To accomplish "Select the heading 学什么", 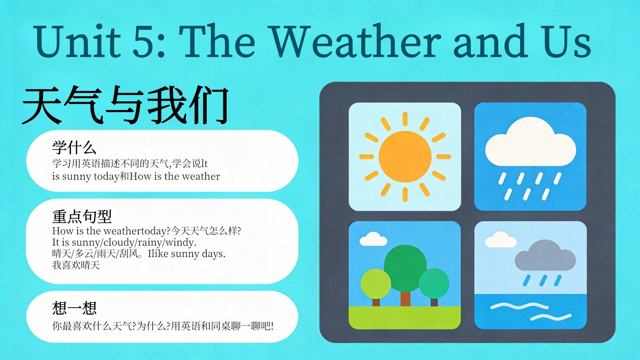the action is point(74,147).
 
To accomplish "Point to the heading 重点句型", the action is point(82,216).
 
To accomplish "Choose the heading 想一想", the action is point(74,308).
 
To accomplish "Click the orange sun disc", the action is point(405,157).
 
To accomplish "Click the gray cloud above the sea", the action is point(545,255).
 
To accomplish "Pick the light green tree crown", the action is point(376,284).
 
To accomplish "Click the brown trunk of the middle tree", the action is point(405,299).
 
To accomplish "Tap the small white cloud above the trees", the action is point(373,239).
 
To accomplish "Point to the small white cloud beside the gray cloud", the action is point(500,239).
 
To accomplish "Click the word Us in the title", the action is point(567,42).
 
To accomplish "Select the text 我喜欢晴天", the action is point(76,265).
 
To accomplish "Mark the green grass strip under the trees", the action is point(405,317).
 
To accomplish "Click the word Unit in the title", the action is point(77,42).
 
